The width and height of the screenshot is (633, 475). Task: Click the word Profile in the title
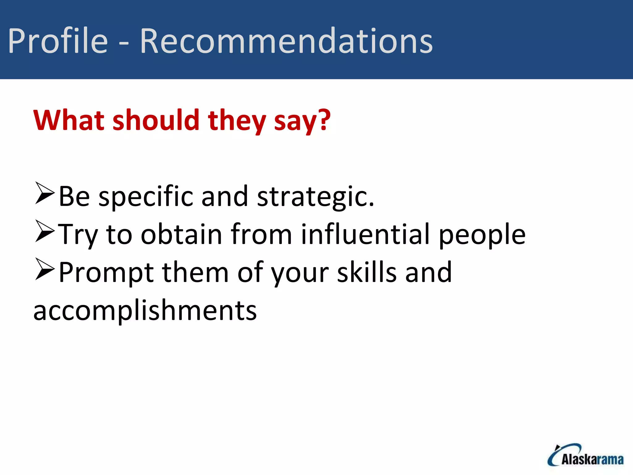coord(58,41)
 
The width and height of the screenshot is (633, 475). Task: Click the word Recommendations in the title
coord(286,41)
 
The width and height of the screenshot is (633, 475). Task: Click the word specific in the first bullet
coord(146,197)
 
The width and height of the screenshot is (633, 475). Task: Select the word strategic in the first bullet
coord(315,197)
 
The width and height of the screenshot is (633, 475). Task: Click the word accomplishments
coord(145,310)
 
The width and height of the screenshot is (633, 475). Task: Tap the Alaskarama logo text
coord(592,460)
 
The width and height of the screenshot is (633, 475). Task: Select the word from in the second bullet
coord(261,234)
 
